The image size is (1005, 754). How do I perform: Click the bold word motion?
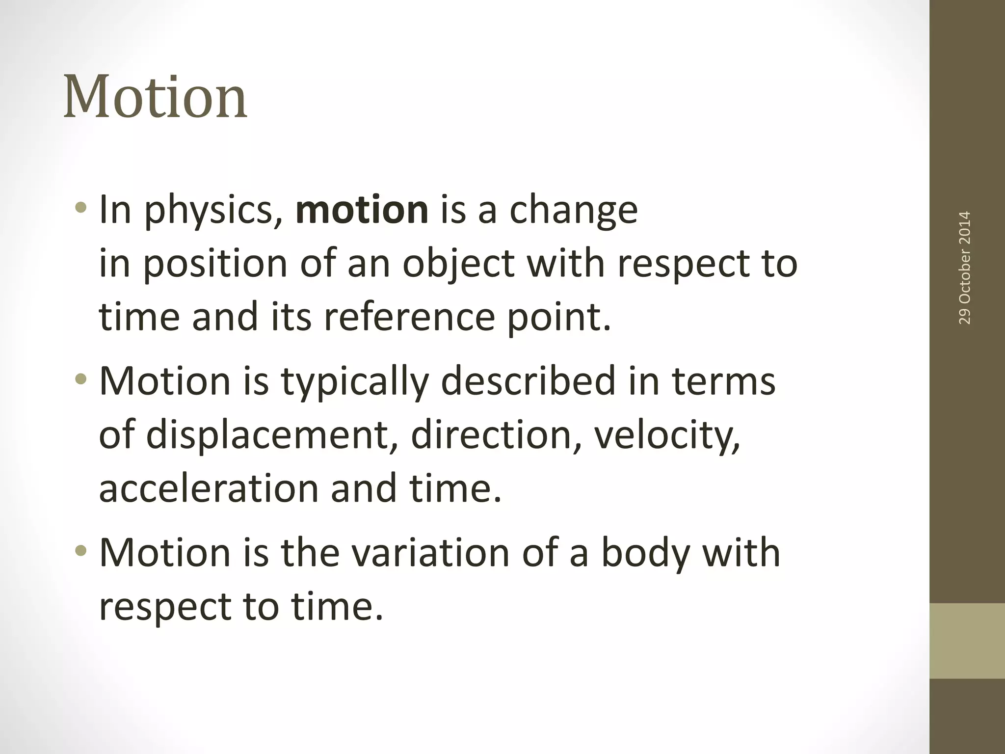coord(362,210)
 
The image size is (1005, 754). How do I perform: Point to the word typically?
coord(354,382)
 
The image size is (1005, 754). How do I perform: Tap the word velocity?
coord(666,435)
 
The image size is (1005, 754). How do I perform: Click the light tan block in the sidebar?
coord(967,641)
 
